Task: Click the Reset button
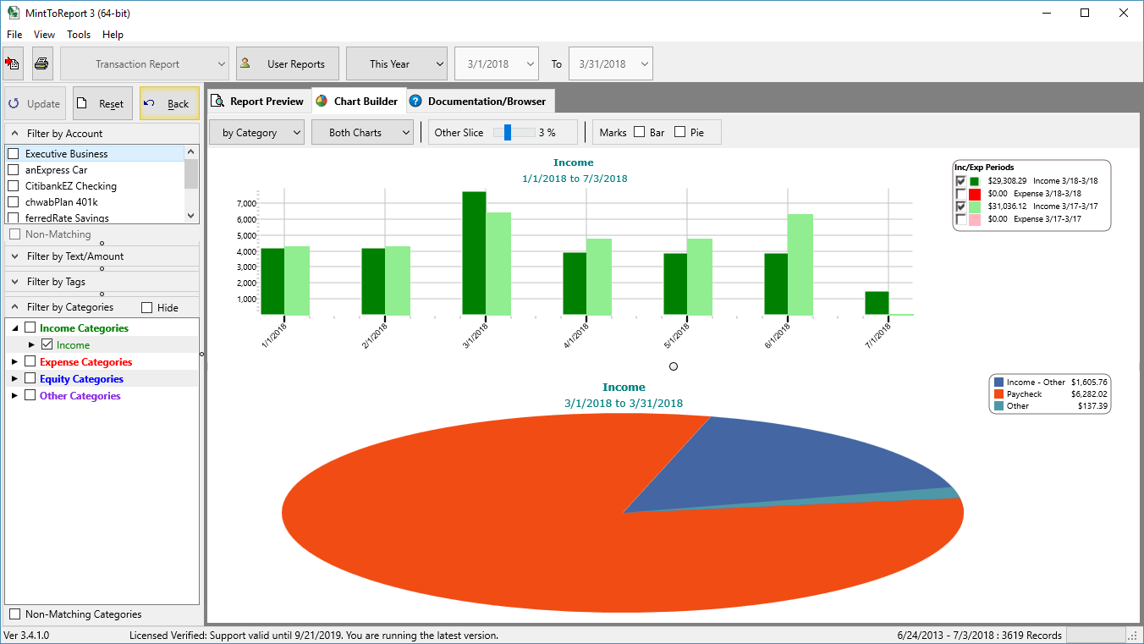[102, 104]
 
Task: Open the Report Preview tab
[259, 102]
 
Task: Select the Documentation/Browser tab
[480, 102]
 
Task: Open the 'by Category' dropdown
[261, 133]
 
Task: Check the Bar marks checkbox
[640, 132]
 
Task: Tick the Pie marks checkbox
[680, 132]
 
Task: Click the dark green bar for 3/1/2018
[474, 253]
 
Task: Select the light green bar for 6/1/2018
[800, 264]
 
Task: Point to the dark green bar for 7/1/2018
[877, 303]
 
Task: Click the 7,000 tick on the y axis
[245, 204]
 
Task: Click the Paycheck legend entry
[1024, 394]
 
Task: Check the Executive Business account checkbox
[14, 154]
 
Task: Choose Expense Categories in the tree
[85, 362]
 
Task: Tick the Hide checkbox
[147, 308]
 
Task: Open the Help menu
[113, 35]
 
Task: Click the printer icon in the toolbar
[41, 63]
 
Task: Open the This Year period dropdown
[397, 63]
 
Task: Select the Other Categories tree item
[80, 396]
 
